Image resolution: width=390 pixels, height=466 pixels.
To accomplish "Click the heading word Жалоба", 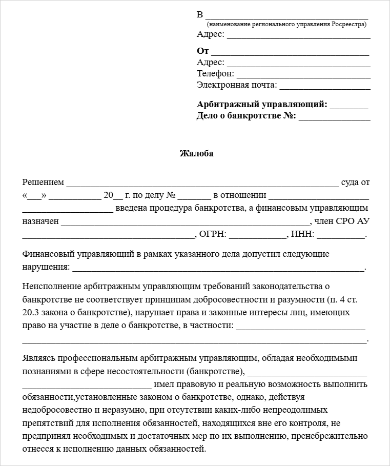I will point(196,153).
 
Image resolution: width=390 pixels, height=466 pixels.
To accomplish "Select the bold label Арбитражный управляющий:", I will point(262,105).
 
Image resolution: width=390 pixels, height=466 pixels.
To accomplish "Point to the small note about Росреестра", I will point(286,24).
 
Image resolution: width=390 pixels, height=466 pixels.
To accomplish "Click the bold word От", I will point(203,51).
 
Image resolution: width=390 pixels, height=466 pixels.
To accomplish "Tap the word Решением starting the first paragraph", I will point(44,182).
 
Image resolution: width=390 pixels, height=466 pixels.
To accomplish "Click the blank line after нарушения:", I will point(217,268).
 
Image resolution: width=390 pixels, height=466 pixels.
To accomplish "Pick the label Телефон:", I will point(215,74).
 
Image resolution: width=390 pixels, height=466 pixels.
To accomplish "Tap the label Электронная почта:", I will point(237,85).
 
